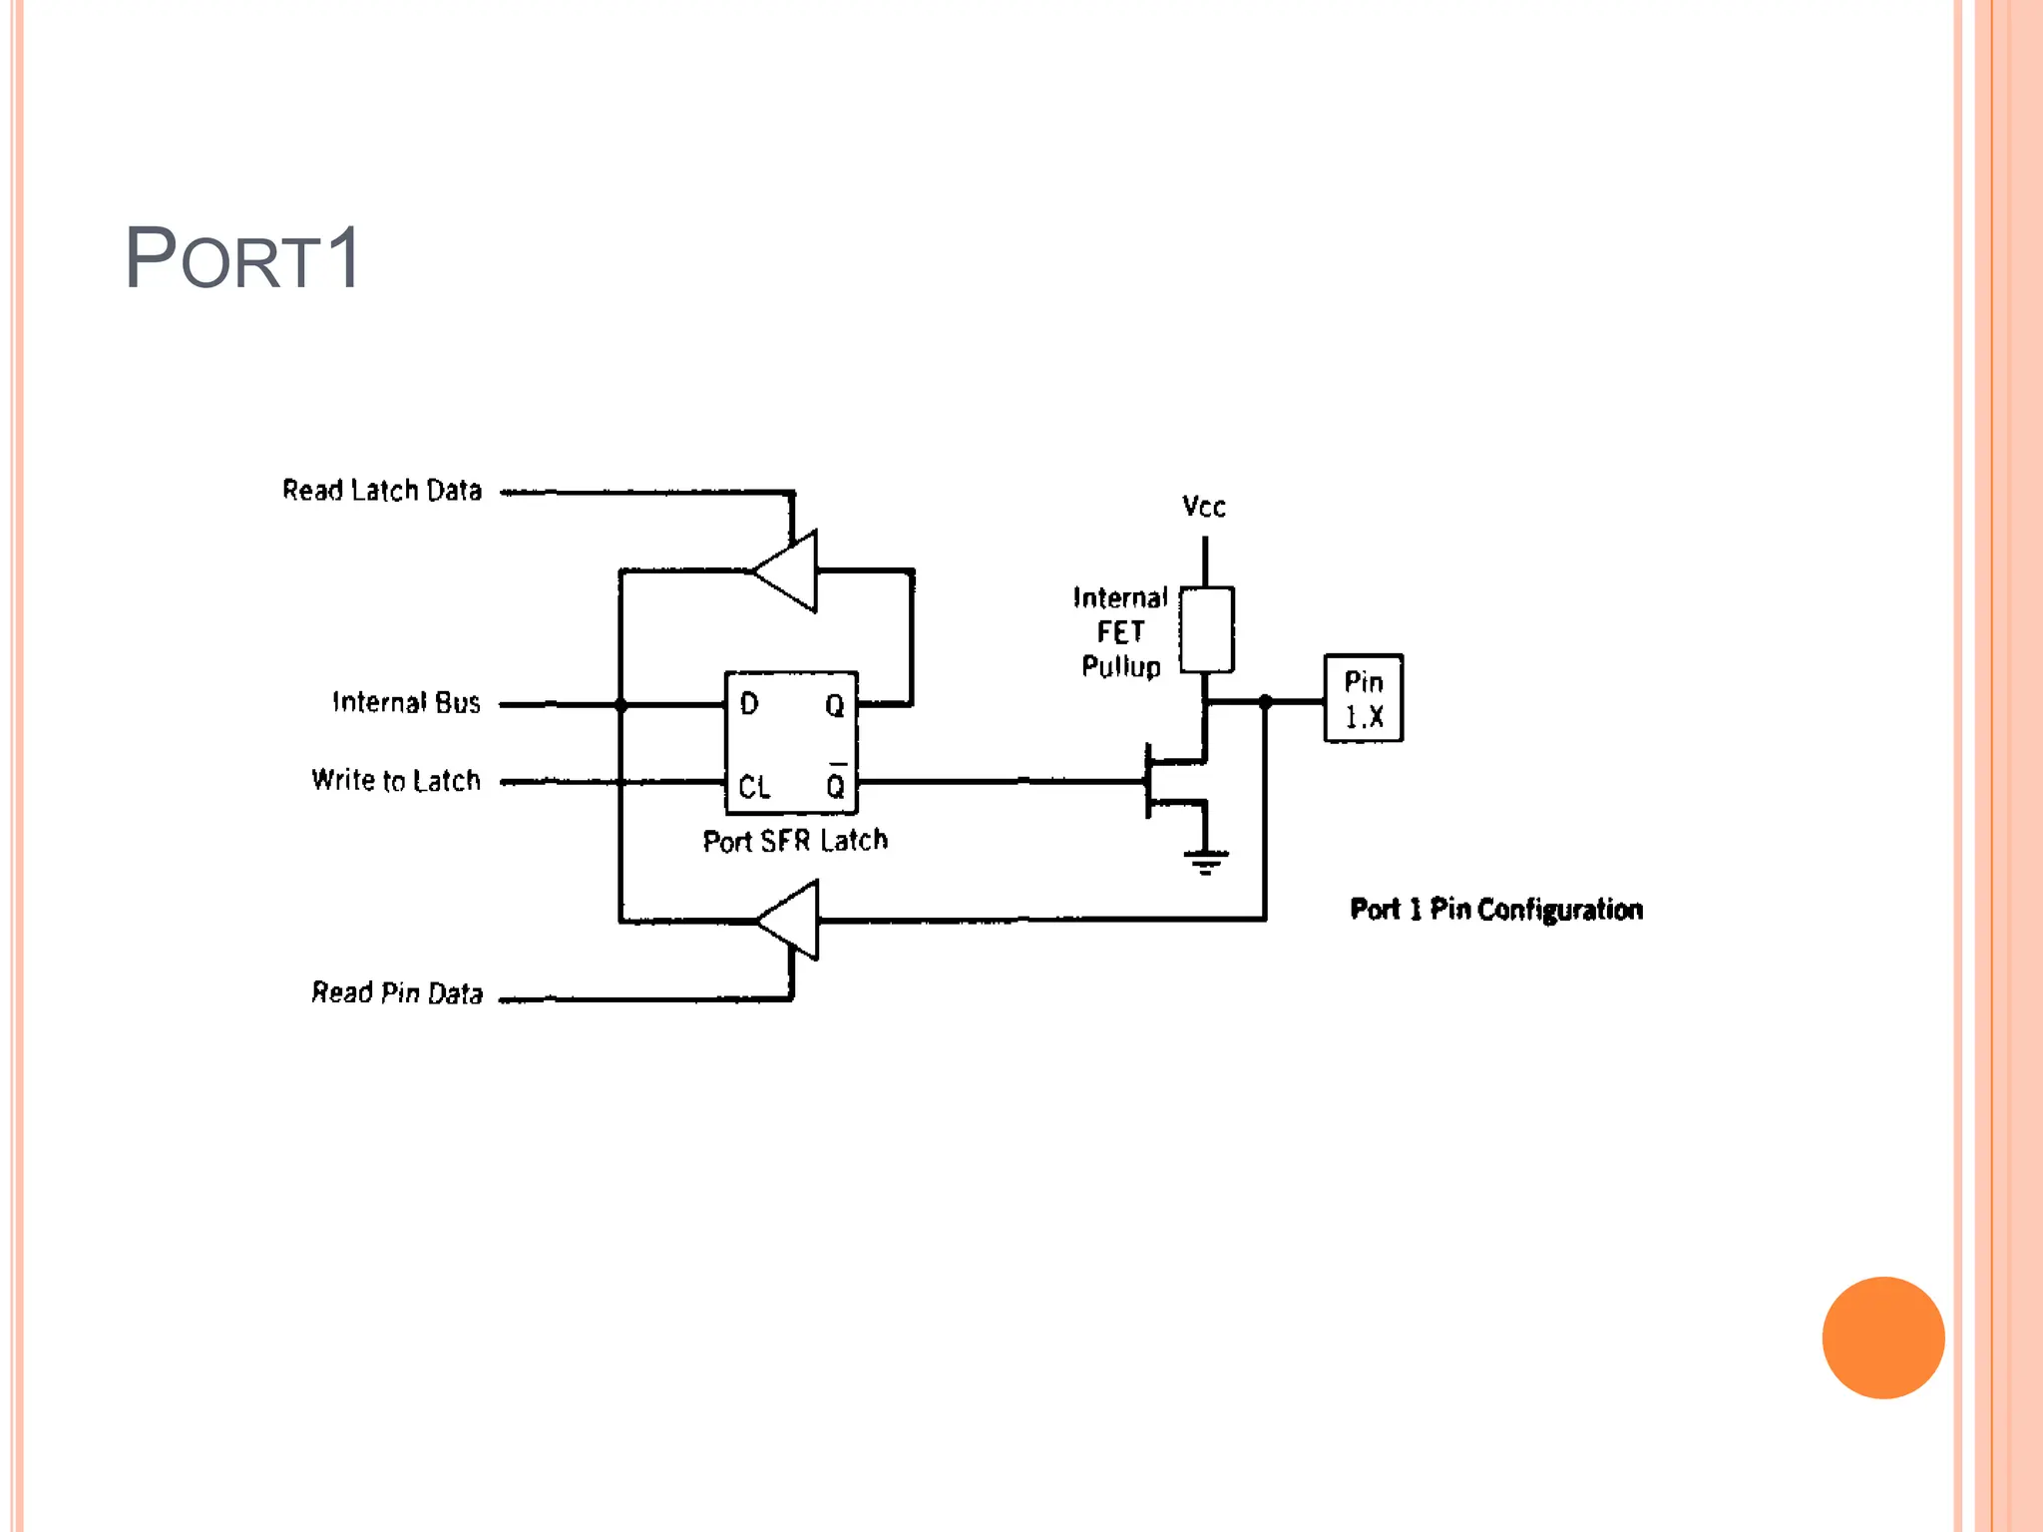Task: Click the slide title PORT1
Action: pos(242,258)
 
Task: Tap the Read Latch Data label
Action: pos(382,491)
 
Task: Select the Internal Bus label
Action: pos(406,702)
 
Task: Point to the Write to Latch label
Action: pos(396,780)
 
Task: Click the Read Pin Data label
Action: pos(397,992)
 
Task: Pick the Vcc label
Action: pos(1203,507)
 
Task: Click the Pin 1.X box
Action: pos(1363,698)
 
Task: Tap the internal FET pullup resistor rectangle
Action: pos(1206,629)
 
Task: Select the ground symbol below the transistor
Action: pos(1206,860)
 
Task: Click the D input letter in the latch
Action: pos(749,704)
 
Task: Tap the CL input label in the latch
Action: pos(754,787)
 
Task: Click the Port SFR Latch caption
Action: pos(795,841)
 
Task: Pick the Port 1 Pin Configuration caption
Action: pos(1496,909)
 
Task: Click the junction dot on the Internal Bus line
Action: pos(620,705)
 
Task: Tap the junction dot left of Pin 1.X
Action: pos(1265,702)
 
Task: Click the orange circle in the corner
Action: pos(1882,1338)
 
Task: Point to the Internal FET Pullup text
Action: pos(1120,631)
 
